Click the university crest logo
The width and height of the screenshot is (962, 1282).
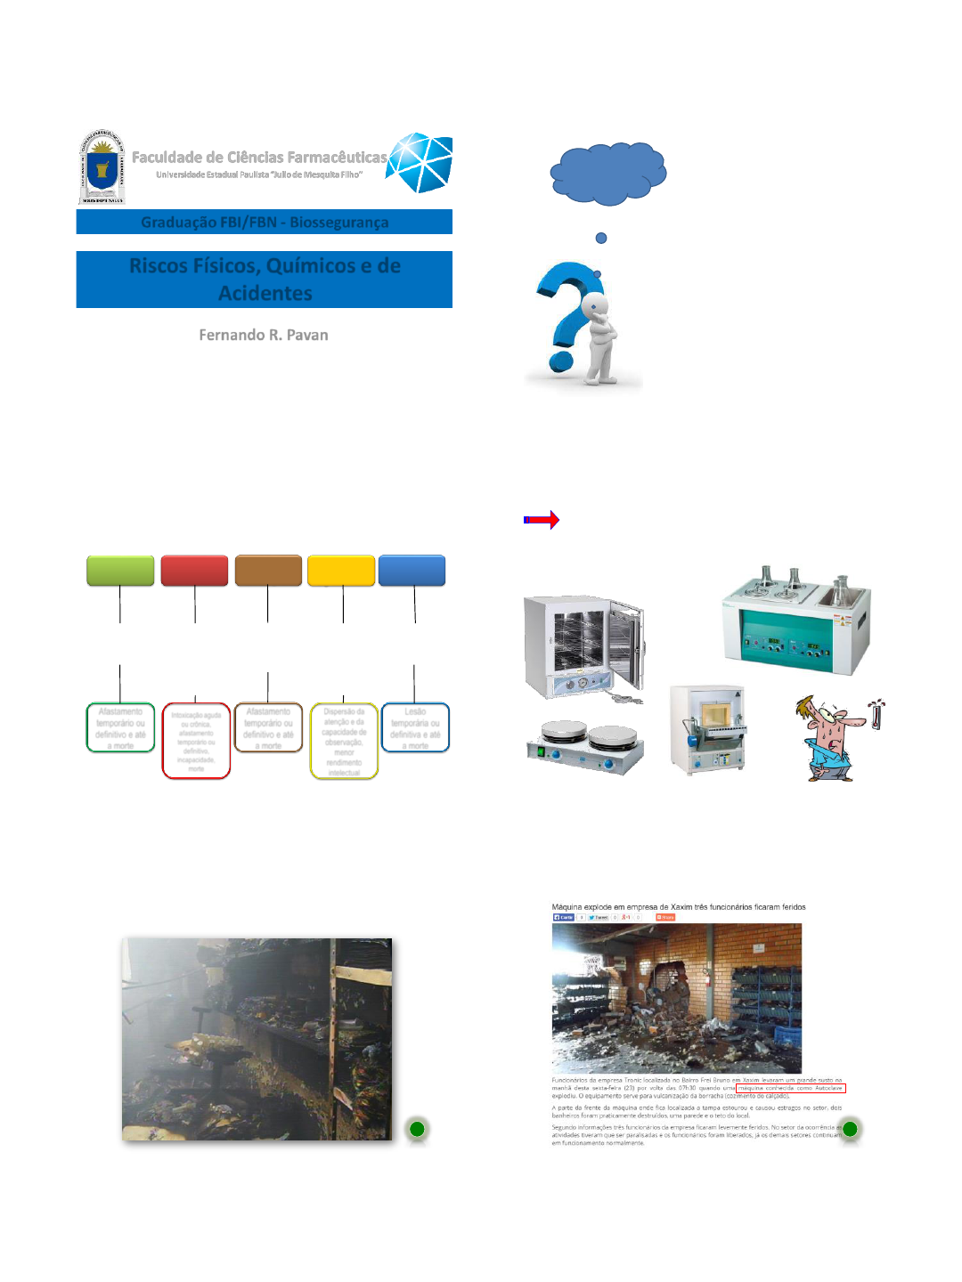tap(102, 167)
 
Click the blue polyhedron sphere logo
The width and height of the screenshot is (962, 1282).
tap(420, 162)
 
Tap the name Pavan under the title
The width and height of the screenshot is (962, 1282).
tap(307, 335)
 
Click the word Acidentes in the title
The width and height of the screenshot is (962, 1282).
tap(265, 293)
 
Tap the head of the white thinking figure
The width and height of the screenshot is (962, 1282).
tap(594, 305)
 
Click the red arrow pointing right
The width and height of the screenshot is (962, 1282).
tap(542, 520)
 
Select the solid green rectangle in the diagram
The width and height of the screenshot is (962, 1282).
tap(120, 571)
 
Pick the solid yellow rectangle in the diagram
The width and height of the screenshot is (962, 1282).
tap(341, 571)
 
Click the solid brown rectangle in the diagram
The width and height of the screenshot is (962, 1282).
tap(268, 571)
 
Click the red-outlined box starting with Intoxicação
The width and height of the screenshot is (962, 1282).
tap(196, 741)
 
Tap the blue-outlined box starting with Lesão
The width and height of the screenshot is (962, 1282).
tap(415, 728)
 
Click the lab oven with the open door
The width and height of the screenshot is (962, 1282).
tap(583, 648)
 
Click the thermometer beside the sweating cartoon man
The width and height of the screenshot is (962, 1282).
tap(876, 715)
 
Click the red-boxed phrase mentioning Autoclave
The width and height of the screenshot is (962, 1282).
tap(791, 1088)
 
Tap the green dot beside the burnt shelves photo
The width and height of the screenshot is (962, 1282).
tap(417, 1129)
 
